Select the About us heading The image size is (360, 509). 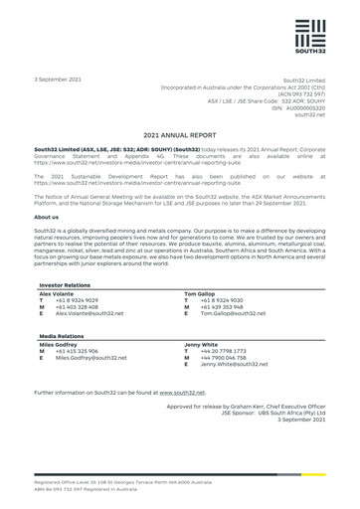[x=47, y=217]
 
